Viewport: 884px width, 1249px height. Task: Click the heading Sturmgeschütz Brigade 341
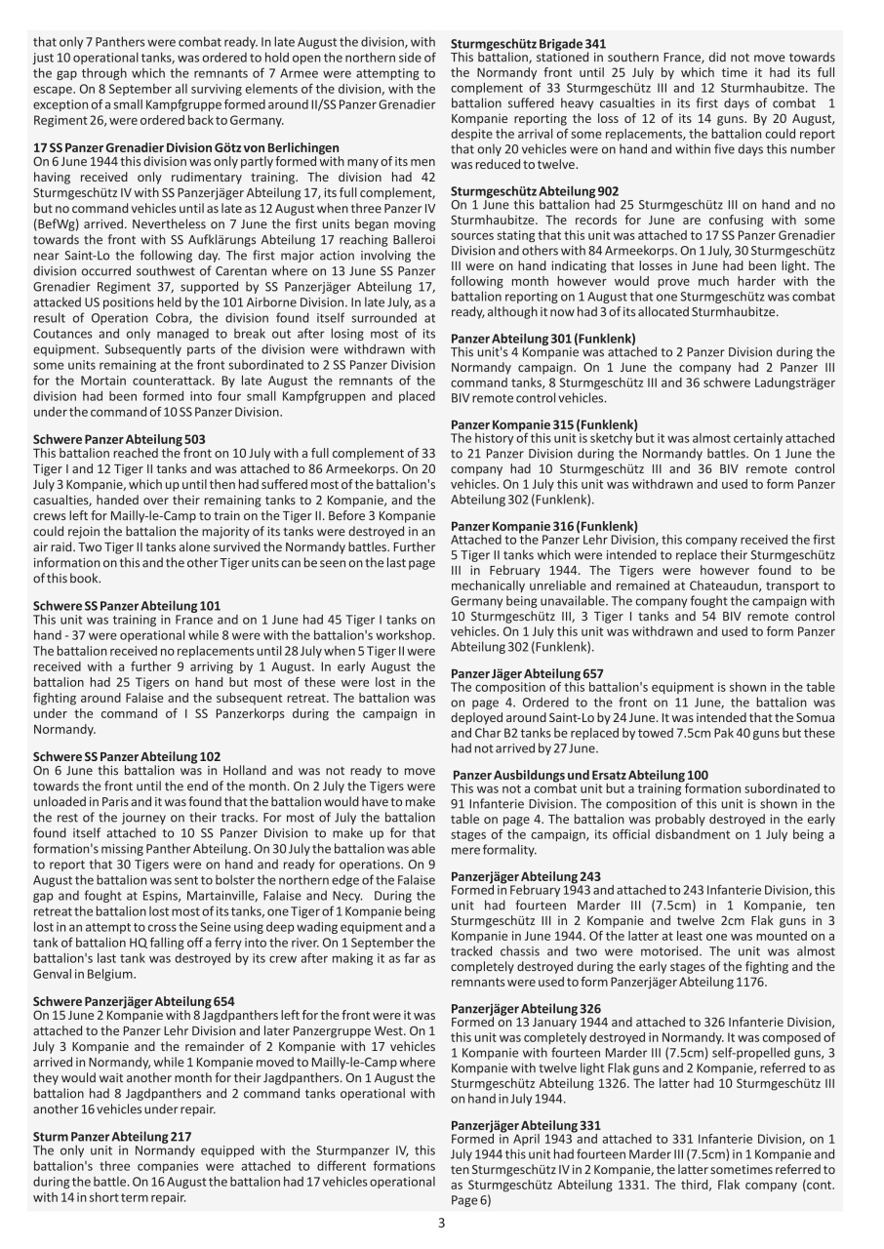(528, 44)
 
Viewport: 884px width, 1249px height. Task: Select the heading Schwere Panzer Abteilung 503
(119, 440)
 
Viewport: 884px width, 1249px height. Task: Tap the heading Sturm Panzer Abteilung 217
(112, 1137)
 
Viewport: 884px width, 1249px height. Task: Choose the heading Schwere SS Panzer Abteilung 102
(127, 756)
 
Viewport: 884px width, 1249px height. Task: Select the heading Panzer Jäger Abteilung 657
(527, 673)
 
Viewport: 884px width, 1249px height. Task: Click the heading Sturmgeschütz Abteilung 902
(534, 191)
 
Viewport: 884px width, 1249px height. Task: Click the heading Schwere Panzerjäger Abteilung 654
(134, 1002)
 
